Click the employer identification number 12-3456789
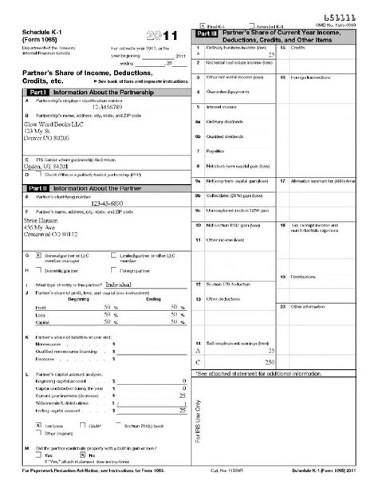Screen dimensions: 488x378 [111, 107]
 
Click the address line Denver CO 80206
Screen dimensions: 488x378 [46, 137]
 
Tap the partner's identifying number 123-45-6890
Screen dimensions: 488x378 [111, 203]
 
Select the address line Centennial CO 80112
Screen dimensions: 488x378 [51, 234]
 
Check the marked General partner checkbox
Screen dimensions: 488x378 [38, 256]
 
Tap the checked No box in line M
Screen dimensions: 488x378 [82, 454]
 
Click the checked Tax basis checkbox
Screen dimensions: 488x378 [38, 425]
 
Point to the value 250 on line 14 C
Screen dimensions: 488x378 [270, 362]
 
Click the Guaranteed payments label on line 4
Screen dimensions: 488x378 [220, 92]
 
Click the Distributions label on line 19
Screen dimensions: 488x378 [303, 277]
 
